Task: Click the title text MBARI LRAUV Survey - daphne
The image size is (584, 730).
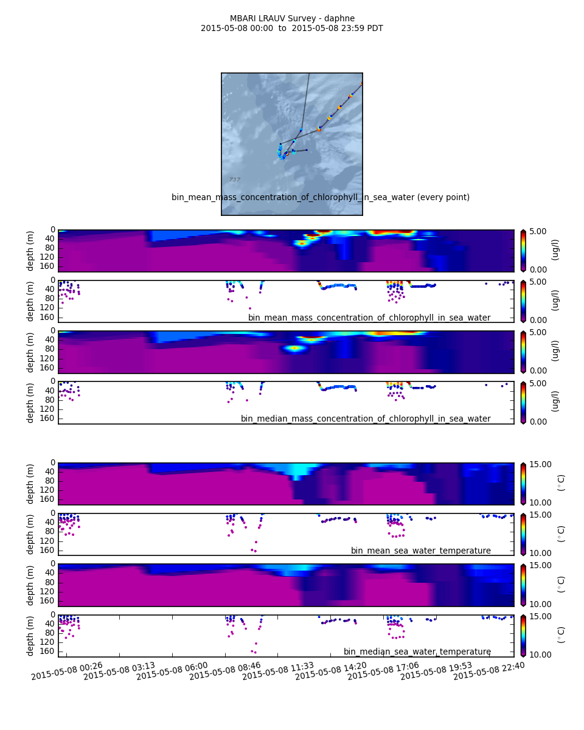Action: (292, 19)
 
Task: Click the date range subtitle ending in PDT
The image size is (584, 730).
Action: (292, 29)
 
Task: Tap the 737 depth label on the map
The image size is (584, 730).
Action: (234, 179)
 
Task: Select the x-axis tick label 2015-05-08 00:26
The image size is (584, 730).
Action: (67, 670)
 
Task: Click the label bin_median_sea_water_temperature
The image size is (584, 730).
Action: (417, 652)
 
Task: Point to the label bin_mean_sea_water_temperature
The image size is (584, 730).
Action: (421, 551)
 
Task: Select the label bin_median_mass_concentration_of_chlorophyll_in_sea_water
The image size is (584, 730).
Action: (366, 419)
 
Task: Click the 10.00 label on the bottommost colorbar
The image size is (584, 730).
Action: (539, 655)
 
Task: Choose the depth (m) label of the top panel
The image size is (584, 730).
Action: (30, 251)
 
